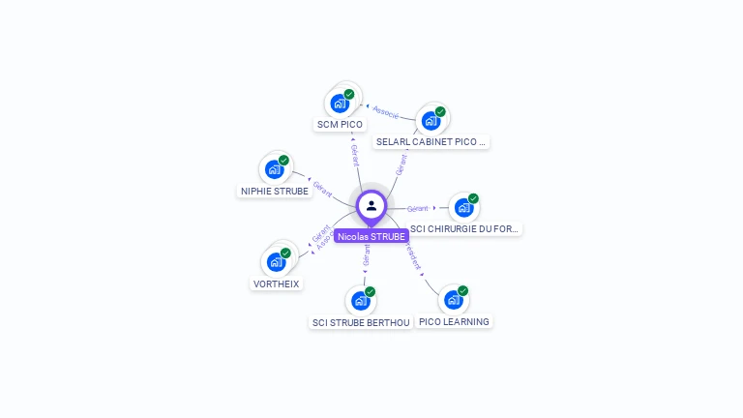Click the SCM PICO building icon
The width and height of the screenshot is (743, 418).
pos(340,104)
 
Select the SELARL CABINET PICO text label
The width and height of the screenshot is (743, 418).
pos(431,141)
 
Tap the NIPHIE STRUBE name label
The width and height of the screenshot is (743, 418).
pos(275,191)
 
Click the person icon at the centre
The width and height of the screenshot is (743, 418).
pos(371,205)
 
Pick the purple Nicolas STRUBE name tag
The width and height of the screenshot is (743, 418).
pos(371,236)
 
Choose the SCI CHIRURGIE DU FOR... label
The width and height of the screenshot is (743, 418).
pos(464,229)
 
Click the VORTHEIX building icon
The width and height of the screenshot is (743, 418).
pos(276,262)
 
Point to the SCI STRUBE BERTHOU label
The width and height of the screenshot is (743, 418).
pos(361,322)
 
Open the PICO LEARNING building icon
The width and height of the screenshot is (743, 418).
pos(453,300)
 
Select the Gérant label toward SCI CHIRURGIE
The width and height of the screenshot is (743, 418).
pos(418,208)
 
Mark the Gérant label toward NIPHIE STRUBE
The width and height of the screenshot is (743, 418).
pos(323,187)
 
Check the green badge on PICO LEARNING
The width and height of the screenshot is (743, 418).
pos(463,290)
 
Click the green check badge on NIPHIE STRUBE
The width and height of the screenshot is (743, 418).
pos(283,160)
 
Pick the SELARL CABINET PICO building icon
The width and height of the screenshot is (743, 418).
pos(431,121)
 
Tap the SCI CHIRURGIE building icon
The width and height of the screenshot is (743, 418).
pos(463,208)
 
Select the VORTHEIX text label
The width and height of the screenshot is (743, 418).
pos(276,284)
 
